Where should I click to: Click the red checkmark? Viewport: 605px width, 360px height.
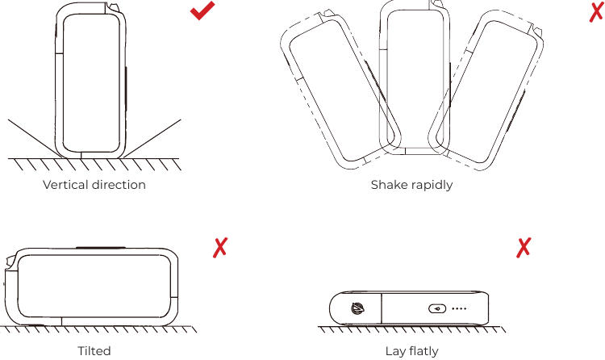(202, 11)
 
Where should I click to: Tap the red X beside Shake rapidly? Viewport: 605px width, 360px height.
(596, 11)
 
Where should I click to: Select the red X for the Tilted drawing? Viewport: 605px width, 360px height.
(220, 247)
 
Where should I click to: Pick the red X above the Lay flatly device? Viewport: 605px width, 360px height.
(524, 247)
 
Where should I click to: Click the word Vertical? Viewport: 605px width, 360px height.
(66, 185)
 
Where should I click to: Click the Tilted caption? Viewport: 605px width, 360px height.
(94, 351)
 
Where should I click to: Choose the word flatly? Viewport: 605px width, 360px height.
(423, 351)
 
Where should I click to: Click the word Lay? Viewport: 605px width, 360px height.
(394, 351)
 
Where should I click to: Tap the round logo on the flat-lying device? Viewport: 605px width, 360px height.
(357, 308)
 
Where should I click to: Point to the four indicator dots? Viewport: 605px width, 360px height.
(459, 308)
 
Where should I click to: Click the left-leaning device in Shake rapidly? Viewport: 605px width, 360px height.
(340, 90)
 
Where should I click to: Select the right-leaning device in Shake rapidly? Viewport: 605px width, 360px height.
(486, 90)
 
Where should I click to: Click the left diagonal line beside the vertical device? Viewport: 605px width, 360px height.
(35, 139)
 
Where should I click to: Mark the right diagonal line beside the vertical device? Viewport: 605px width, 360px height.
(152, 138)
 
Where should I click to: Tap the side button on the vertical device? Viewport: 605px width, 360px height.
(126, 89)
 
